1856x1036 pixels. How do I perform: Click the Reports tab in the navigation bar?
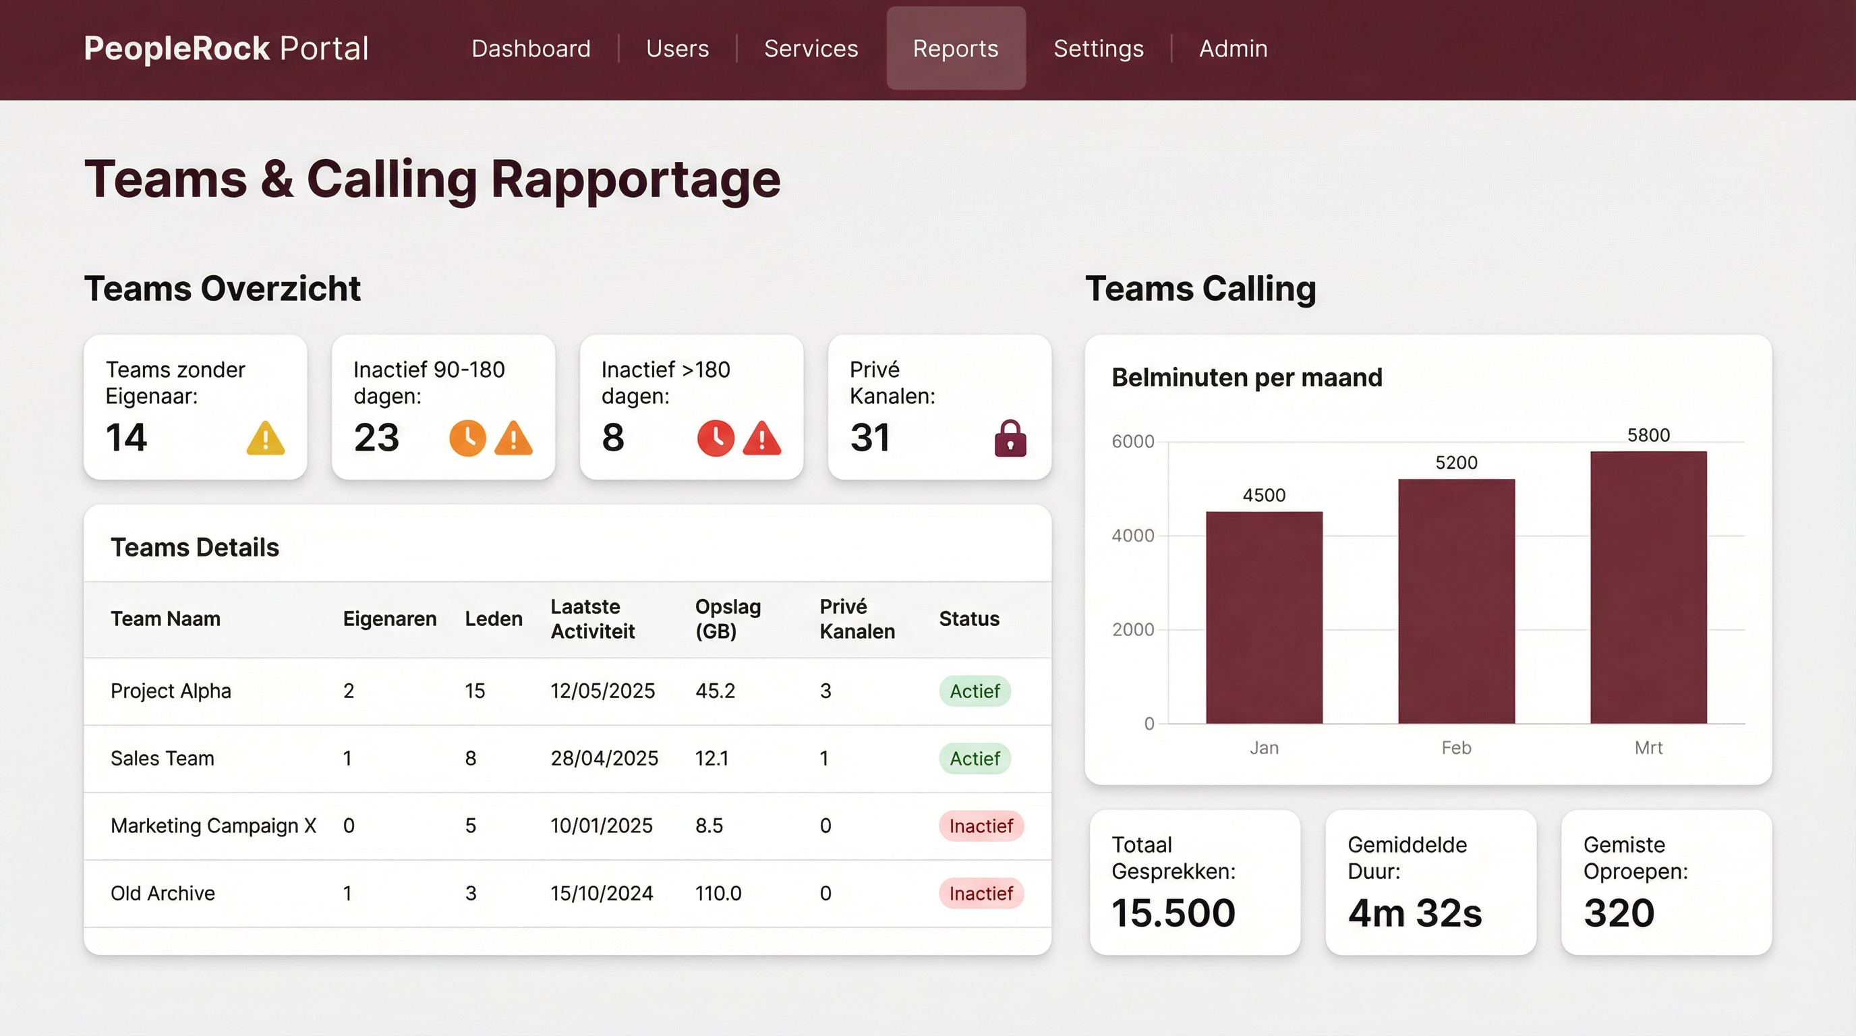956,49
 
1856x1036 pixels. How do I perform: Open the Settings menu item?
1098,49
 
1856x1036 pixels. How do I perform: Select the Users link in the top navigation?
677,49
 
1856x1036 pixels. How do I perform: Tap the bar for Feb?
1456,602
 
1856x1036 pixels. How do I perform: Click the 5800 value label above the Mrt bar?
1648,435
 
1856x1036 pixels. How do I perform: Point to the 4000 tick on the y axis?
1132,536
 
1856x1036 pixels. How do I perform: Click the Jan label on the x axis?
1264,748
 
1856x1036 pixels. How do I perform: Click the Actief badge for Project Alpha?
974,691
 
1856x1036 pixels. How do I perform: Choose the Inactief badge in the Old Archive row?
981,894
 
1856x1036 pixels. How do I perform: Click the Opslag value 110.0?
718,894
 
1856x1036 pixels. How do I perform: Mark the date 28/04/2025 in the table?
604,758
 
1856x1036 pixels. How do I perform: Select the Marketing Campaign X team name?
213,826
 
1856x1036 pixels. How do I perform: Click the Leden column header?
494,619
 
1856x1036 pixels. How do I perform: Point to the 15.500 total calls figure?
1173,913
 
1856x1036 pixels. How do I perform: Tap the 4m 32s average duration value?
1414,913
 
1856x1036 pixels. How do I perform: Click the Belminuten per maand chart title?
1246,378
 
